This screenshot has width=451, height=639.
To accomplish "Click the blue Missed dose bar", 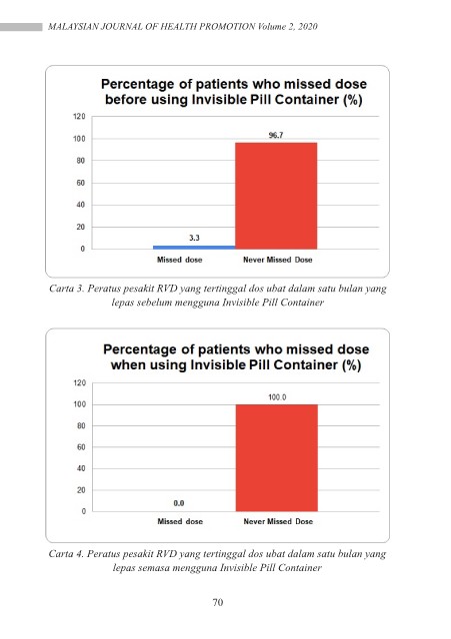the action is click(x=194, y=247).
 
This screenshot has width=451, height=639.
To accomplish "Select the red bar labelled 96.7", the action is click(x=276, y=196).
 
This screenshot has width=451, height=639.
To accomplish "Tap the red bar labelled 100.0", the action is click(x=277, y=457).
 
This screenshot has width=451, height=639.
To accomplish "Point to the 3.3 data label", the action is click(x=194, y=238).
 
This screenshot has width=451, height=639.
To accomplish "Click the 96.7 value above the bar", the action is click(x=276, y=135).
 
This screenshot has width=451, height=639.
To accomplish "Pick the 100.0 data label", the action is click(x=277, y=397).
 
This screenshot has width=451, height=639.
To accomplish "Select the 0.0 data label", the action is click(x=179, y=503).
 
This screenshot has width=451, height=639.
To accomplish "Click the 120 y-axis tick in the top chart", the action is click(x=79, y=117).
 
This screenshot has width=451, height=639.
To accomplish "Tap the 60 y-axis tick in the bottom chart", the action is click(x=82, y=447).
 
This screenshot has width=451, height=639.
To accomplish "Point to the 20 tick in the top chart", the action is click(x=80, y=227).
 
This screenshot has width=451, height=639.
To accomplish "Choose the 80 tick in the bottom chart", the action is click(x=82, y=426).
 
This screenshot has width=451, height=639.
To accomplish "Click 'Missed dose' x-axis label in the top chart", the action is click(x=180, y=260).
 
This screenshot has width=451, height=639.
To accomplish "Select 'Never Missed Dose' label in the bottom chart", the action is click(x=278, y=521).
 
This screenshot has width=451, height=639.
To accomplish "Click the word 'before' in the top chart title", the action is click(x=126, y=100).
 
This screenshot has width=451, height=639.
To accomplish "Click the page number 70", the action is click(x=218, y=602).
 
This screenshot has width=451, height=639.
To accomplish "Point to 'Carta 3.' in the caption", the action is click(x=67, y=289).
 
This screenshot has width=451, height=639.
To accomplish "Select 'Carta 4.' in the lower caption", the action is click(x=66, y=554).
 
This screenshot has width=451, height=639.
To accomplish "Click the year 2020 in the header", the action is click(x=308, y=27).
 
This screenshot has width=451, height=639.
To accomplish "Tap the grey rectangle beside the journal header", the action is click(x=21, y=27).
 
